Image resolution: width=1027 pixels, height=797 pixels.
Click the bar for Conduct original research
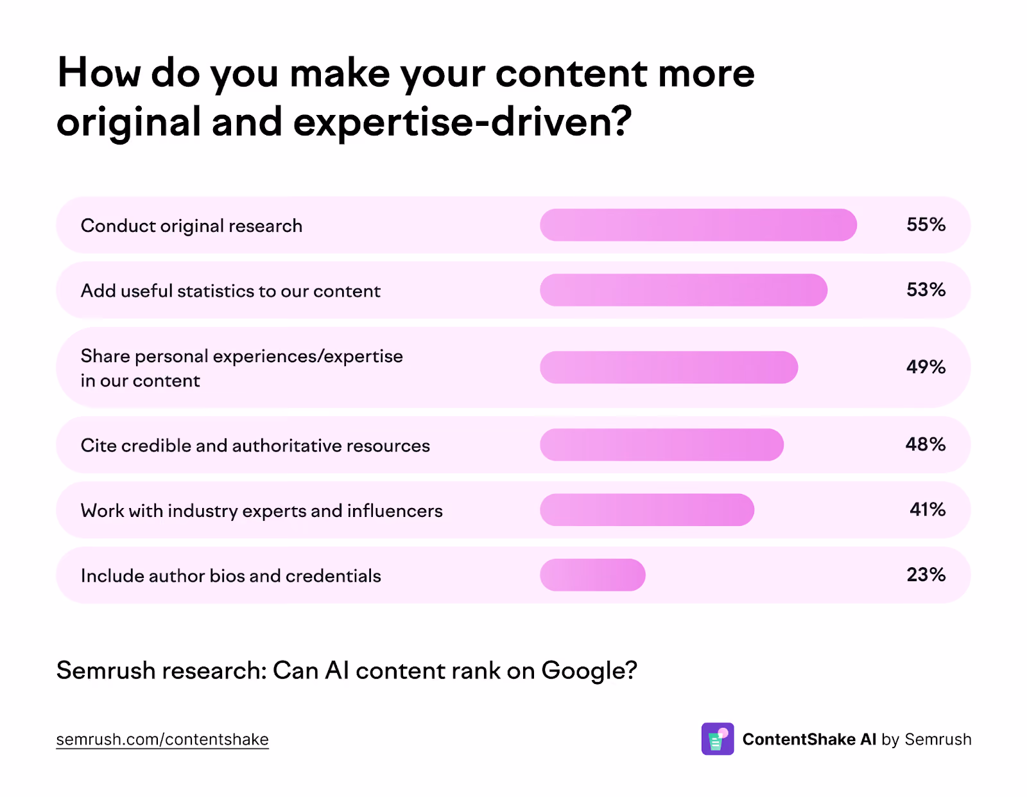698,225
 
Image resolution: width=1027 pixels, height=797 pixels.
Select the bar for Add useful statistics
684,290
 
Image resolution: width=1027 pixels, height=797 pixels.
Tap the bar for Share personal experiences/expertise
669,367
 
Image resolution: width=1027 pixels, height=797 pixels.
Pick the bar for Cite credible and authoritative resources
662,444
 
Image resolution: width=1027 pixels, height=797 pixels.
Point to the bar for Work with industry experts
647,509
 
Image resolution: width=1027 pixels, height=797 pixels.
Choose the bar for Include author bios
592,575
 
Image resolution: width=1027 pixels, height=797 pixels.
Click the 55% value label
926,225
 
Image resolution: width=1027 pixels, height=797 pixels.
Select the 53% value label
926,290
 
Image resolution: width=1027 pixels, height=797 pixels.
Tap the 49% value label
926,367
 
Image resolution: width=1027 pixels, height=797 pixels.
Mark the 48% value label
926,444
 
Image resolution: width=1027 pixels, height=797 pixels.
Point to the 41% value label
928,509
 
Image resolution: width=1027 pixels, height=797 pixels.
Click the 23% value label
926,575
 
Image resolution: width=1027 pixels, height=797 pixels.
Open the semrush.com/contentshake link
162,739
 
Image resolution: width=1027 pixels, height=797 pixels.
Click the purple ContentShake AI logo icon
718,739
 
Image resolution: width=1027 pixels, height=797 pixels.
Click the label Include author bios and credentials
230,576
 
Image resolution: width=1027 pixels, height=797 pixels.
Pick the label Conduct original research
191,227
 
